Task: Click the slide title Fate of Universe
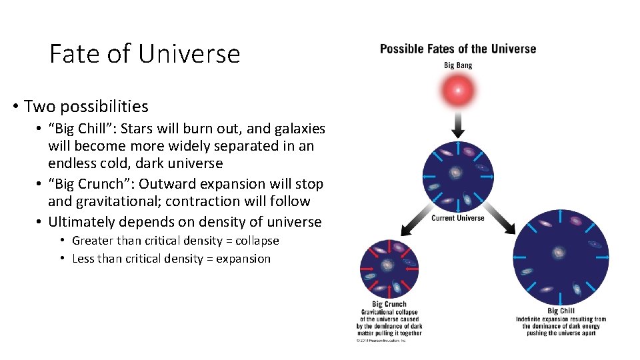(x=145, y=53)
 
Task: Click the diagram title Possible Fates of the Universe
(x=457, y=49)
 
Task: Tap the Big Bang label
(x=457, y=65)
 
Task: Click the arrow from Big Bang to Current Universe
(x=458, y=124)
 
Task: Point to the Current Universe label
(x=457, y=218)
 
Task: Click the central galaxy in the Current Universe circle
(x=457, y=173)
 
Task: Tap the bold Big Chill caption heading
(x=561, y=311)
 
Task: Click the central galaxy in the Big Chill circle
(x=559, y=253)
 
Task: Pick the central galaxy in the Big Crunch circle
(x=388, y=265)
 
